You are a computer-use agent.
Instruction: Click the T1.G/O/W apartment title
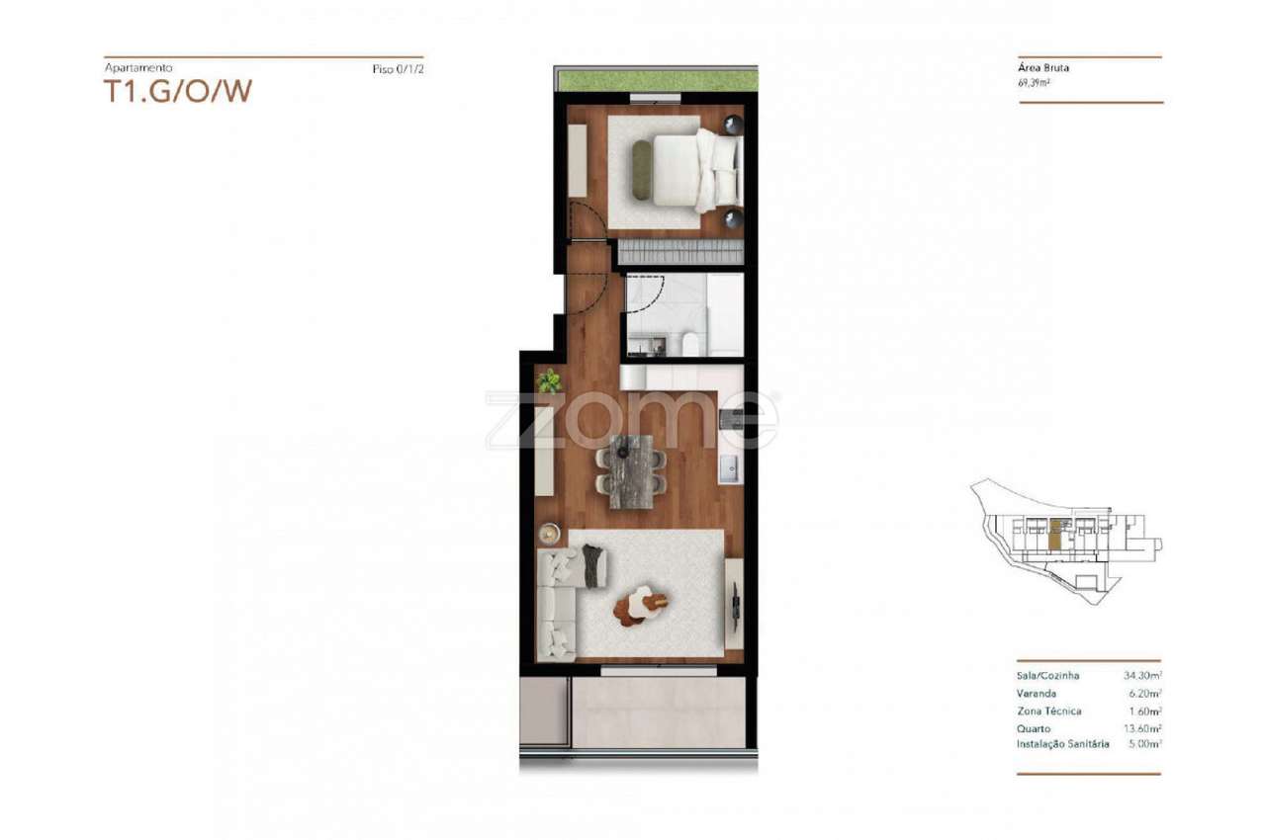pyautogui.click(x=178, y=91)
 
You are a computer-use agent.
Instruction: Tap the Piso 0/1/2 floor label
pyautogui.click(x=398, y=70)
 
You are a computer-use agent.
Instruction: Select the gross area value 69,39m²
pyautogui.click(x=1036, y=83)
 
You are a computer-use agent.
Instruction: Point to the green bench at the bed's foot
pyautogui.click(x=641, y=170)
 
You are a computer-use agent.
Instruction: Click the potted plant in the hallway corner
pyautogui.click(x=549, y=380)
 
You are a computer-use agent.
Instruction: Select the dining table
pyautogui.click(x=631, y=470)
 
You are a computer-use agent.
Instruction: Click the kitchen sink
pyautogui.click(x=730, y=468)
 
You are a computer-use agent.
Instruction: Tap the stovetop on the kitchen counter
pyautogui.click(x=731, y=419)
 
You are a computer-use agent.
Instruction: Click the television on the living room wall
pyautogui.click(x=736, y=602)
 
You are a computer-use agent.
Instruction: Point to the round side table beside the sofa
pyautogui.click(x=550, y=534)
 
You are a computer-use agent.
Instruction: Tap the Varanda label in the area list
pyautogui.click(x=1036, y=694)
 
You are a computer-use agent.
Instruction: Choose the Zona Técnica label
pyautogui.click(x=1048, y=711)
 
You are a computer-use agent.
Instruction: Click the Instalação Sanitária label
pyautogui.click(x=1062, y=744)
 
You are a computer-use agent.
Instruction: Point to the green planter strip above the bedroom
pyautogui.click(x=657, y=81)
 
